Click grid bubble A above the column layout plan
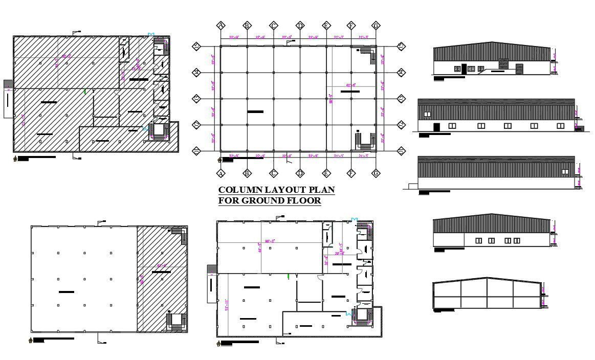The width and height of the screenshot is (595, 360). (221, 25)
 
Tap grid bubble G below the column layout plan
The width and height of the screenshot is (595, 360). (376, 174)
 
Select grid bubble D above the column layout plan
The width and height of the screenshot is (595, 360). (300, 25)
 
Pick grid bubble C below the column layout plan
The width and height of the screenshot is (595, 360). (274, 174)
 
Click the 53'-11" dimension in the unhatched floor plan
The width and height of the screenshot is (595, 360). (226, 302)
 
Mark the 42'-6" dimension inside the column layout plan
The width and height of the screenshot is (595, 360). (351, 85)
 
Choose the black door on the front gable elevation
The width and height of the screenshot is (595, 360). (464, 69)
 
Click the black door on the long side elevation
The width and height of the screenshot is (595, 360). (436, 127)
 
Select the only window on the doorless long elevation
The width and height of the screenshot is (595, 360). (565, 171)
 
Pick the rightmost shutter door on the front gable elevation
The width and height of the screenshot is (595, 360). (520, 69)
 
